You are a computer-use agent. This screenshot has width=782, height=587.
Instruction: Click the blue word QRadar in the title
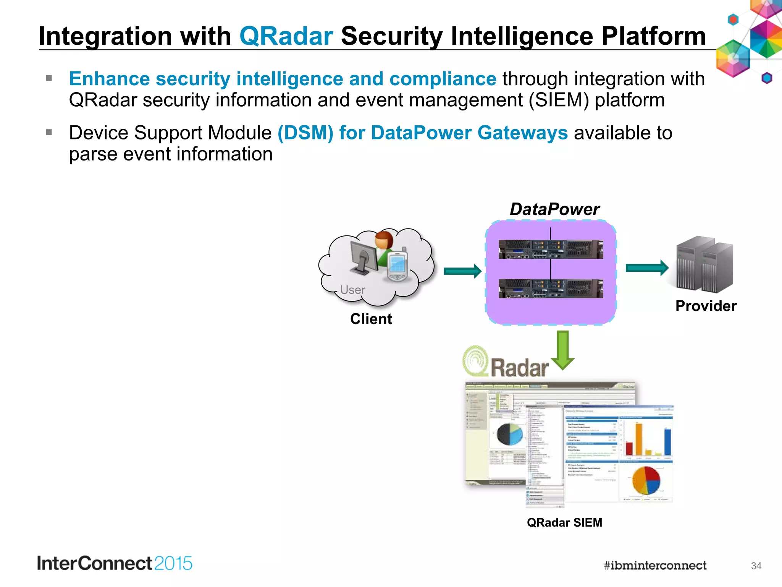point(286,36)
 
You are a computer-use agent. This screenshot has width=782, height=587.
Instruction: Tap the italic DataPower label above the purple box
point(554,209)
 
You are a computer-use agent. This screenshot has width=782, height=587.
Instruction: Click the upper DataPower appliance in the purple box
point(551,249)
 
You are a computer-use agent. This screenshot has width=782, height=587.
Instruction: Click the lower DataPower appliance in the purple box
point(551,288)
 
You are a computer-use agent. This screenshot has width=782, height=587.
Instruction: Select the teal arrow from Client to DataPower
point(462,271)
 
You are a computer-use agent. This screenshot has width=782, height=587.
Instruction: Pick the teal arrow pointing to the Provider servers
point(647,268)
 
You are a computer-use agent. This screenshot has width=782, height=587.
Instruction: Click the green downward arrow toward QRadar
point(563,350)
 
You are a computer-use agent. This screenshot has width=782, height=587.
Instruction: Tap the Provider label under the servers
point(706,306)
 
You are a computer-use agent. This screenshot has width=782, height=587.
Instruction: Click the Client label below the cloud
point(371,319)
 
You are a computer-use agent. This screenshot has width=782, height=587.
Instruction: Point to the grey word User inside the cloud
point(352,290)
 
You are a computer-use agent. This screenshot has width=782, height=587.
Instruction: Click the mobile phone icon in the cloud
point(397,266)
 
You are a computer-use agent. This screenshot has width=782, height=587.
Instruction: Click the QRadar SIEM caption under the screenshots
point(564,522)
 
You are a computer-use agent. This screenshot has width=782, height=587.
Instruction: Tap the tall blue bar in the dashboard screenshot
point(667,442)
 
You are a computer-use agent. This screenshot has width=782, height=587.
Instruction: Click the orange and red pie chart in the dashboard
point(646,480)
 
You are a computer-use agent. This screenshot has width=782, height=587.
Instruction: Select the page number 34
point(756,566)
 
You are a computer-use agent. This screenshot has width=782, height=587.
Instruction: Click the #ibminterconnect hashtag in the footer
point(655,565)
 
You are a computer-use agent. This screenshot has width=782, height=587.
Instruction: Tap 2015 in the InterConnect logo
point(173,564)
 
